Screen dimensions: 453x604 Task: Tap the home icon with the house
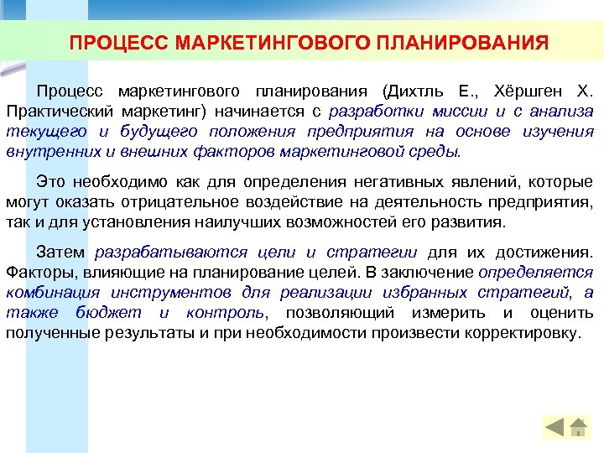[578, 428]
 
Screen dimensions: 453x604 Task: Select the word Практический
[52, 111]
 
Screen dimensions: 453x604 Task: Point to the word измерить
[453, 313]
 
